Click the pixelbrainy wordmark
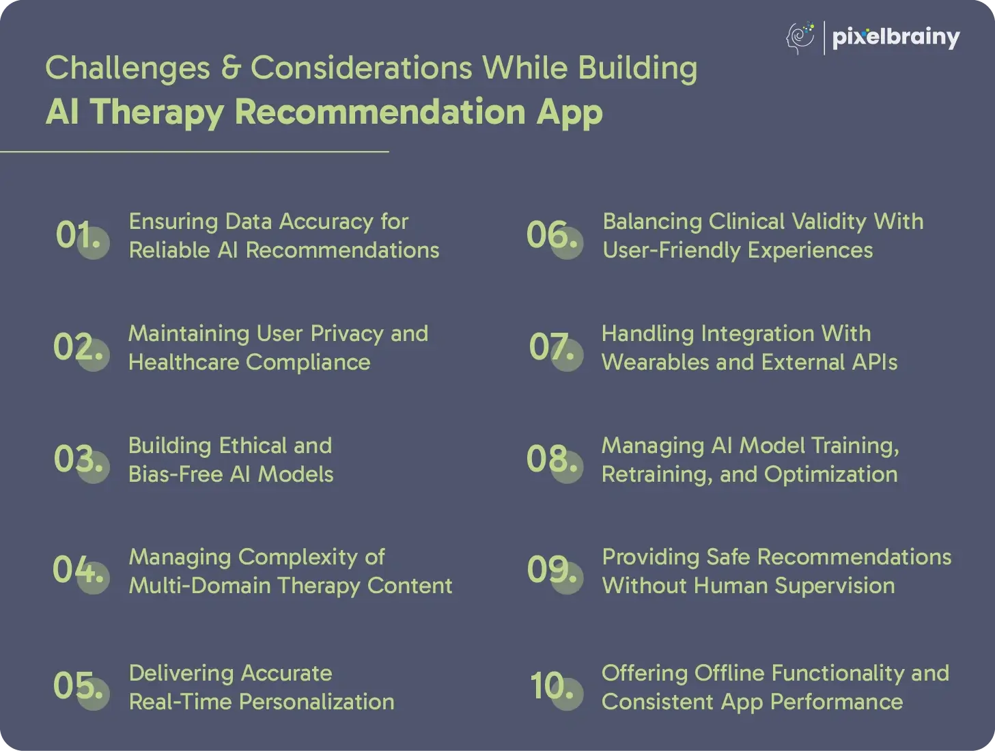[896, 38]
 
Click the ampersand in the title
[230, 68]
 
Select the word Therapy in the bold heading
[157, 113]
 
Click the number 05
[78, 685]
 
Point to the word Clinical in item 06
[746, 222]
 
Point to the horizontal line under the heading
[195, 152]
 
